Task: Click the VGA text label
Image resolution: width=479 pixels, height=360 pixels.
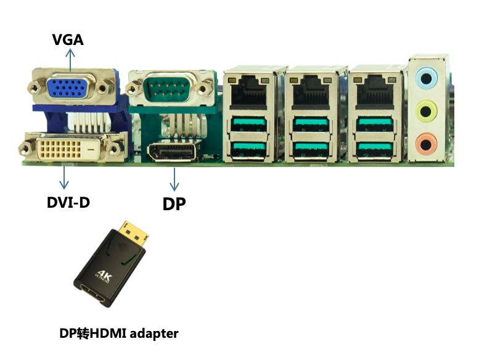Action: (68, 40)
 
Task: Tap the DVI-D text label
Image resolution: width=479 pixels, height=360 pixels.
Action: (68, 202)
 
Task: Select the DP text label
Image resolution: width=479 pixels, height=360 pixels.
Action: (174, 204)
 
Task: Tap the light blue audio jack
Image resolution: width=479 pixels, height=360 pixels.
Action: (426, 78)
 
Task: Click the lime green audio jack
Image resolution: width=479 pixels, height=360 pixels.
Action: (427, 111)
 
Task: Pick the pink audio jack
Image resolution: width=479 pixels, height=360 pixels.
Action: (427, 143)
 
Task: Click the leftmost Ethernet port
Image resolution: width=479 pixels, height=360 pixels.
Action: (248, 92)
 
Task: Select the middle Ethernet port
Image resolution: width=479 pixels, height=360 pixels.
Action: (311, 92)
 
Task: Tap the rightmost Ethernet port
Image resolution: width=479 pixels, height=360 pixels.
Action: (375, 92)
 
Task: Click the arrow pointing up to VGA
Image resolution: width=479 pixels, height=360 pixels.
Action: (70, 60)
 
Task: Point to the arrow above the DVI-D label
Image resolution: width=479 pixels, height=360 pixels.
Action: (64, 178)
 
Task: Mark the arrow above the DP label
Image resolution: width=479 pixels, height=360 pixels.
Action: (174, 179)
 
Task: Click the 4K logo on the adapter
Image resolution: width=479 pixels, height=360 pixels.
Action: (104, 276)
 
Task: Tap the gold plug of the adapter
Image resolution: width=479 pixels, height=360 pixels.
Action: (134, 232)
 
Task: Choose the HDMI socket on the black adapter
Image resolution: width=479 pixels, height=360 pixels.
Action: (92, 294)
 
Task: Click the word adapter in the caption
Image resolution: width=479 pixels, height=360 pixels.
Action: (154, 333)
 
